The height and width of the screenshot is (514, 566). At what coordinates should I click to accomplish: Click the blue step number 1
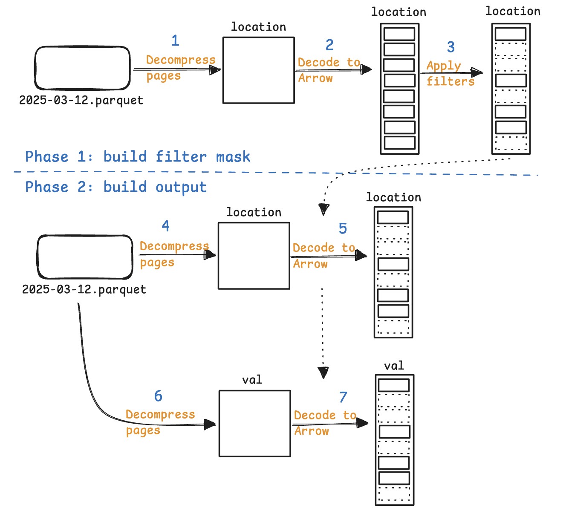175,41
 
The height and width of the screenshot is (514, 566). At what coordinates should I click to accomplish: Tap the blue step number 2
329,45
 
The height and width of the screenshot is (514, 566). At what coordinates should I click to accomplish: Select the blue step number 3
451,47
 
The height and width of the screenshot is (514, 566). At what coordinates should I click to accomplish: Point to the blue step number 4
166,226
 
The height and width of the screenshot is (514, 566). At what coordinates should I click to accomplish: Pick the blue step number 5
343,229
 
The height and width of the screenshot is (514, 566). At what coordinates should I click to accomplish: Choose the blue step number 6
158,396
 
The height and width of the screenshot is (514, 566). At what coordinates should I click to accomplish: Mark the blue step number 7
343,398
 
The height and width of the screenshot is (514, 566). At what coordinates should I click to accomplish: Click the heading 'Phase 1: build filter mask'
138,157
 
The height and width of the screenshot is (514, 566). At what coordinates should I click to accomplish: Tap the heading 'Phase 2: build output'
116,187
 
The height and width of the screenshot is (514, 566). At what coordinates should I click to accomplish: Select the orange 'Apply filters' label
450,74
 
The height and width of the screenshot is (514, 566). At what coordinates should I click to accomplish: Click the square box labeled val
255,424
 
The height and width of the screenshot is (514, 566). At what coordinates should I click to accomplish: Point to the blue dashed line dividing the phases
170,172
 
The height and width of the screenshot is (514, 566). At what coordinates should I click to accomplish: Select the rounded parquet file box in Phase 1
82,68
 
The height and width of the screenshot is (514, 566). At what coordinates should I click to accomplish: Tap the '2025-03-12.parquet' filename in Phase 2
84,289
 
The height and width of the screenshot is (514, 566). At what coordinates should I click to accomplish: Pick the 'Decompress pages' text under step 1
180,68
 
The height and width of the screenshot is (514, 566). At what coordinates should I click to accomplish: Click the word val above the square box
252,380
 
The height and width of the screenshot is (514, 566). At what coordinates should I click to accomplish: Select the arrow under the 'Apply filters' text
452,73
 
